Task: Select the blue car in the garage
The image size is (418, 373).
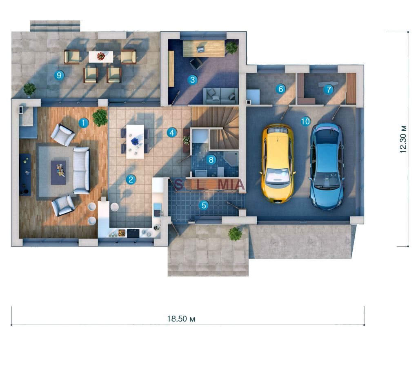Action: pyautogui.click(x=327, y=165)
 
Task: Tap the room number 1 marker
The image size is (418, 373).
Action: pyautogui.click(x=83, y=123)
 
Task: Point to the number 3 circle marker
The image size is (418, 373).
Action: pyautogui.click(x=193, y=80)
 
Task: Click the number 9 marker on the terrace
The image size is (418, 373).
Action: pyautogui.click(x=59, y=76)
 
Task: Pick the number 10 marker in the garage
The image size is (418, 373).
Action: pyautogui.click(x=305, y=121)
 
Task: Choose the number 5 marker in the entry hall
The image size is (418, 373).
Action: pyautogui.click(x=204, y=205)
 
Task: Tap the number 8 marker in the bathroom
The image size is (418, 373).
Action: pyautogui.click(x=211, y=160)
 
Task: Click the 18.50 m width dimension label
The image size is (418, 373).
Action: pyautogui.click(x=181, y=319)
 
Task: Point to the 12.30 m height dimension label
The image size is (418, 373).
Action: pyautogui.click(x=403, y=139)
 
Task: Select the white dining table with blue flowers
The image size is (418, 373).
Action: pyautogui.click(x=135, y=142)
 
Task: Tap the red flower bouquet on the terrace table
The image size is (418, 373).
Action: pyautogui.click(x=101, y=56)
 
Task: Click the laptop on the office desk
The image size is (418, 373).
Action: pyautogui.click(x=200, y=49)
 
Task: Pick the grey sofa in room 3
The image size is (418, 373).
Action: pyautogui.click(x=220, y=96)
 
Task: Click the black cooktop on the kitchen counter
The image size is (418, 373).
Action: pyautogui.click(x=133, y=233)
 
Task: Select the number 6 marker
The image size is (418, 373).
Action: pyautogui.click(x=281, y=89)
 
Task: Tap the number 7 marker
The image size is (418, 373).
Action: pyautogui.click(x=329, y=89)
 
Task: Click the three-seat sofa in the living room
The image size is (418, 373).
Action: pyautogui.click(x=82, y=170)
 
